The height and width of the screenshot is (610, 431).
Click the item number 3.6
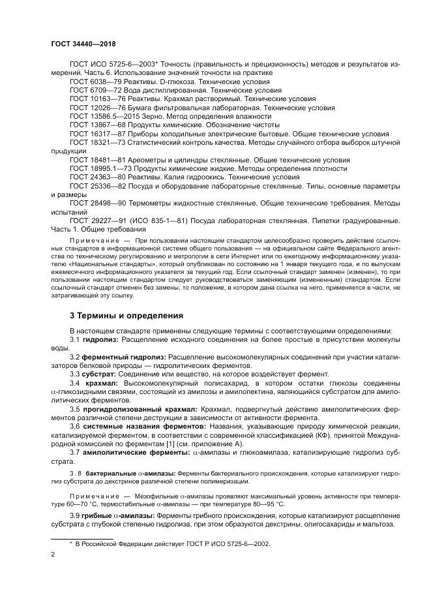point(75,425)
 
